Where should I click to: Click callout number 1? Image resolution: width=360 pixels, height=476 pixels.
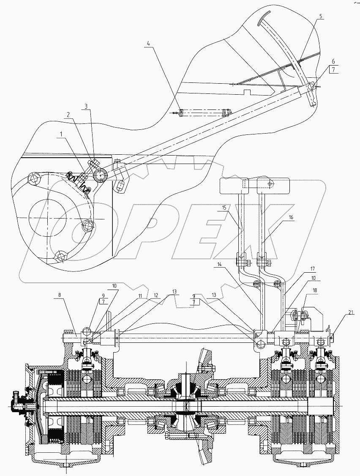coord(63,133)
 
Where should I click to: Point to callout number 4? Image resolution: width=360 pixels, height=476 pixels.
coord(148,43)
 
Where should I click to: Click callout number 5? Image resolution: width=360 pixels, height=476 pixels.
coord(321,16)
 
